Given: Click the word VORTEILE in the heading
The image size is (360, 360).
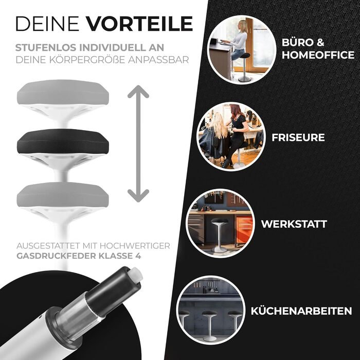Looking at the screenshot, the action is click(139, 24).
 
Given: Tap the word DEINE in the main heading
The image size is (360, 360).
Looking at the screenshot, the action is click(47, 24).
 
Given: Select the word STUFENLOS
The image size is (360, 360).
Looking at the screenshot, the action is click(46, 47).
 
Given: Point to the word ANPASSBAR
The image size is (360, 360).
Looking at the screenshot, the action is click(158, 60).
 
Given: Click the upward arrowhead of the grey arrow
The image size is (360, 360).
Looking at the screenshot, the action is click(138, 92).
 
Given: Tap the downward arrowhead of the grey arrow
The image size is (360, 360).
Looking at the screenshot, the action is click(138, 196).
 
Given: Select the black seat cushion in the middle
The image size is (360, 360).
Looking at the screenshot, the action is click(63, 141).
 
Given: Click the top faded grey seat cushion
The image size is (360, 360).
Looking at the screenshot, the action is click(63, 92).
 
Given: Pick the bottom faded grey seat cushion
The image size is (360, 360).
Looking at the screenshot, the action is click(63, 194).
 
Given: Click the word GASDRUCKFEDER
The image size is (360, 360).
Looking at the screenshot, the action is click(56, 256).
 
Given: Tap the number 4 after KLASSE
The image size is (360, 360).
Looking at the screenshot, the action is click(138, 256).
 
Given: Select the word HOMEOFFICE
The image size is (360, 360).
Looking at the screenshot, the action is click(318, 55).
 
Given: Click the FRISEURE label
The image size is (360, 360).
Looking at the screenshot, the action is click(298, 137).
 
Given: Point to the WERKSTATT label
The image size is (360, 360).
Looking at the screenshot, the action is click(294, 224).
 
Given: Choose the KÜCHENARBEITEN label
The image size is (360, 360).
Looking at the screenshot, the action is click(301, 311).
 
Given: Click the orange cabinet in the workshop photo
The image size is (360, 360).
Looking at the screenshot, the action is click(244, 229).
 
